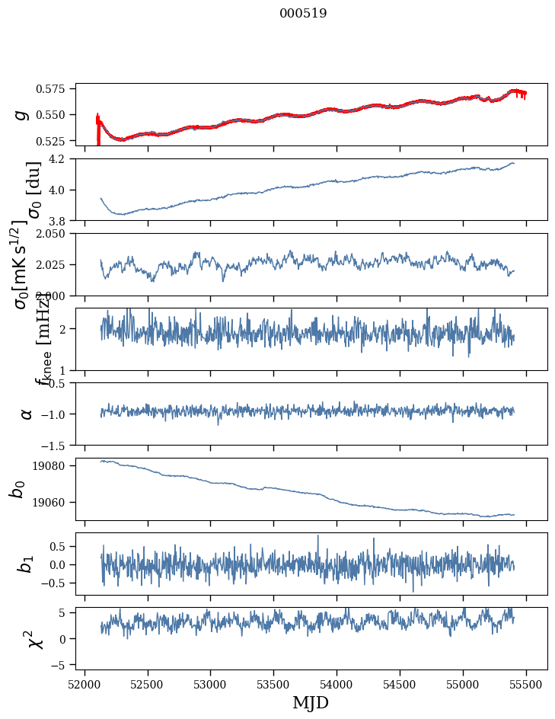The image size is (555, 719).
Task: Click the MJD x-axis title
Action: click(311, 702)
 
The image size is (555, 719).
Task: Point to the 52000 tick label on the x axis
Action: click(85, 684)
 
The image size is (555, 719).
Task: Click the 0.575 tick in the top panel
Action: click(55, 89)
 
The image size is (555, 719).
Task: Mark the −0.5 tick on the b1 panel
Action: click(57, 583)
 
